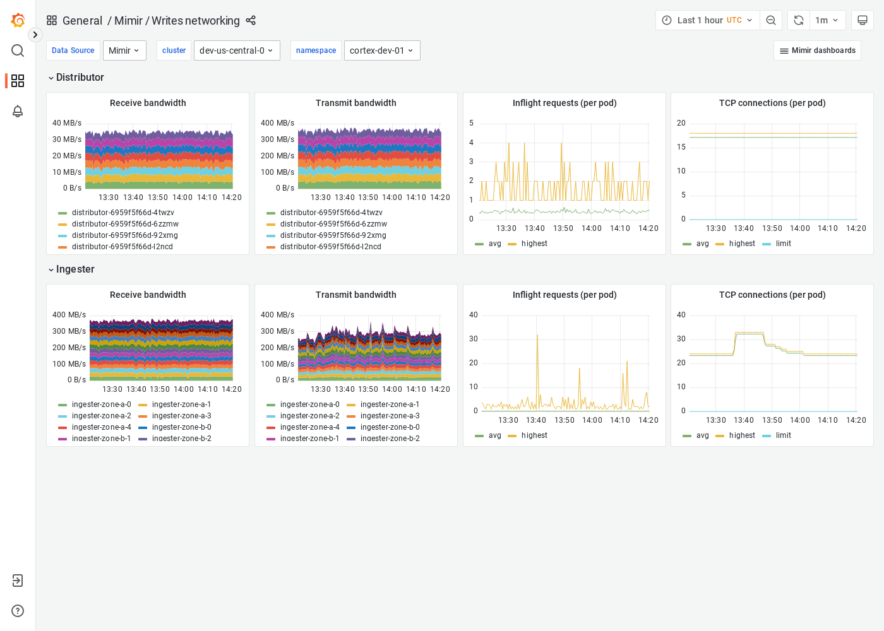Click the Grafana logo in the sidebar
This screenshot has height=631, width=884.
pos(18,20)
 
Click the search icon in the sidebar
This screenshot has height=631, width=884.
pos(18,50)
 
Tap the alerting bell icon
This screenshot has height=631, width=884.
pos(18,111)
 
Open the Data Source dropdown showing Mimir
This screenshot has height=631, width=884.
pos(124,50)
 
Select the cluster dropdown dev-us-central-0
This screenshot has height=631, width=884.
pos(237,50)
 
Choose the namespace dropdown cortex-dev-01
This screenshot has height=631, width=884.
pos(381,50)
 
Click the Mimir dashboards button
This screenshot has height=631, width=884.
pos(817,50)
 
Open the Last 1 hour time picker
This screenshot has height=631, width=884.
pos(707,20)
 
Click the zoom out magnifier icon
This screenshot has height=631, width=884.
pos(771,20)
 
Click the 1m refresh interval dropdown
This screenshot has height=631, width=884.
pos(827,20)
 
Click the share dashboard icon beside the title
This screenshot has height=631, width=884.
pos(251,20)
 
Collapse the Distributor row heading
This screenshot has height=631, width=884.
pos(80,77)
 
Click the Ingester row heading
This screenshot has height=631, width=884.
pos(75,269)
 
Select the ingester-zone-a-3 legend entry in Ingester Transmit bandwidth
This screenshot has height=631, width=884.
pos(390,416)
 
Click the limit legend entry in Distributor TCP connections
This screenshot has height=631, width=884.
pos(783,244)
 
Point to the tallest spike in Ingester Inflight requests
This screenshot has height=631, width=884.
pos(537,336)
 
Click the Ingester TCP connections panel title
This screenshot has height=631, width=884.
pos(772,295)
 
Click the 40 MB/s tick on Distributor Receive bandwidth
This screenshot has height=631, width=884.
pos(67,123)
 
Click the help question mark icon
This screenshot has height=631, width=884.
pos(18,611)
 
